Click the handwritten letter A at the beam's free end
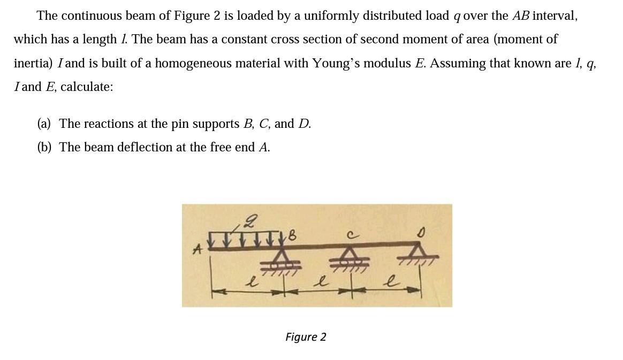pos(197,249)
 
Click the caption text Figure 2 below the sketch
pos(306,337)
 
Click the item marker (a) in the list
pos(44,124)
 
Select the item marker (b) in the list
pos(44,148)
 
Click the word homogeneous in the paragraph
pos(202,63)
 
